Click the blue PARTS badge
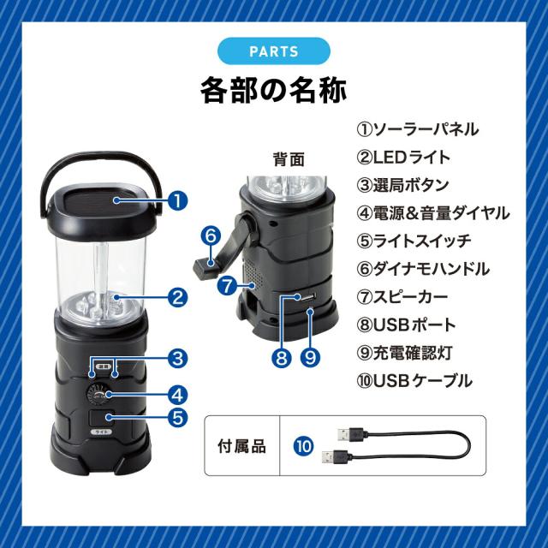274,51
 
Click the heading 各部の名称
274,90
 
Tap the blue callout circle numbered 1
177,200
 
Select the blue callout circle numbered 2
177,297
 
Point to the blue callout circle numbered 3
177,358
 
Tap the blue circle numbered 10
304,446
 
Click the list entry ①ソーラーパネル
418,129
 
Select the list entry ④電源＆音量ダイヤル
433,213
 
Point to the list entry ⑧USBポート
406,325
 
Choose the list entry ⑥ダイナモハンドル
423,269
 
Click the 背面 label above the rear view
289,159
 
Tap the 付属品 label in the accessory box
241,446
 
